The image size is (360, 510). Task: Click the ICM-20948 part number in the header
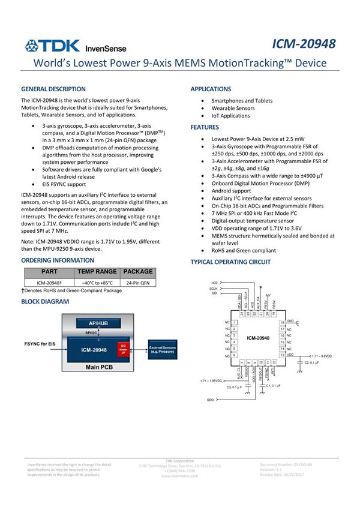[304, 44]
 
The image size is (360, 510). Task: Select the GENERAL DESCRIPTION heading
[53, 89]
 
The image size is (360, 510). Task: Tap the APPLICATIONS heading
[211, 89]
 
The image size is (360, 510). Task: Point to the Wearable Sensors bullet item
[233, 109]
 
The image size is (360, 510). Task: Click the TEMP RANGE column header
[97, 272]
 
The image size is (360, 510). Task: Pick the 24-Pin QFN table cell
[137, 282]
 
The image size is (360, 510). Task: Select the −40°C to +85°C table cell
[97, 282]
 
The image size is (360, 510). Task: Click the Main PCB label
[100, 367]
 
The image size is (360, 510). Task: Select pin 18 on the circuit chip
[282, 323]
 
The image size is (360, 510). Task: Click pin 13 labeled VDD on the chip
[282, 356]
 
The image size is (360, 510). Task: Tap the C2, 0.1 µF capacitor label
[317, 362]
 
